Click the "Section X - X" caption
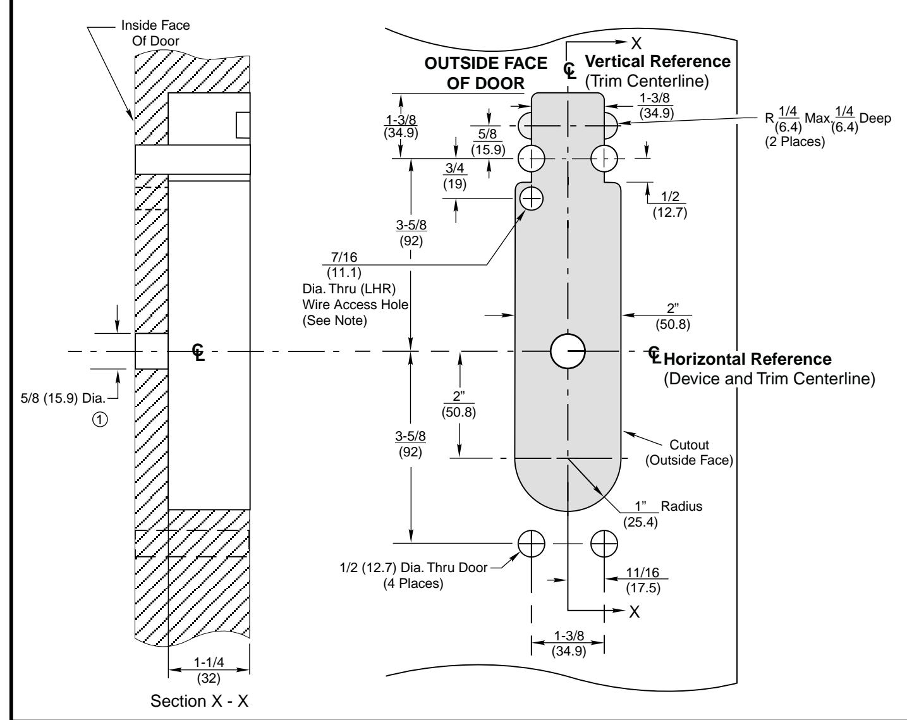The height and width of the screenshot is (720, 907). [199, 701]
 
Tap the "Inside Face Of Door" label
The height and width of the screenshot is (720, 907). [155, 33]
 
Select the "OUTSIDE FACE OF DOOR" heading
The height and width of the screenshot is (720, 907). [485, 73]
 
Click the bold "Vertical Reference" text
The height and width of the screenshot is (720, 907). [657, 61]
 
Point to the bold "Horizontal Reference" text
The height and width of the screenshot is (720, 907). [748, 359]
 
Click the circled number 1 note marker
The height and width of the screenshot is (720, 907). [100, 420]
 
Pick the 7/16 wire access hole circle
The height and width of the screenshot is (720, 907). [532, 198]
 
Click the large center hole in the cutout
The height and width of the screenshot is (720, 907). [568, 351]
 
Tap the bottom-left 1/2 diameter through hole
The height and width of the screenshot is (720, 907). [531, 544]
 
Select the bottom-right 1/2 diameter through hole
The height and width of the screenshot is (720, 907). [604, 544]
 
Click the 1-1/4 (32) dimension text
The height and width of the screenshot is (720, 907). [209, 670]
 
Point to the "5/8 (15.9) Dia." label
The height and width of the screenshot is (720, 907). [63, 398]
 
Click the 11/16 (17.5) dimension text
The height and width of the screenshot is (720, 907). [643, 580]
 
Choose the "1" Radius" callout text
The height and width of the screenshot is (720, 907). [663, 514]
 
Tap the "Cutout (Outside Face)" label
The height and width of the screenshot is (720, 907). [689, 453]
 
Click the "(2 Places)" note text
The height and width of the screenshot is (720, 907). [795, 141]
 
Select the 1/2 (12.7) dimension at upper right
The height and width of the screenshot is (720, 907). [670, 204]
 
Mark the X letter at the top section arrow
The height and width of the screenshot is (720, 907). [636, 44]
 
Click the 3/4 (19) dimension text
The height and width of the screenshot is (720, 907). [454, 176]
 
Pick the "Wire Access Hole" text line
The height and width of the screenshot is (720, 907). [355, 305]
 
